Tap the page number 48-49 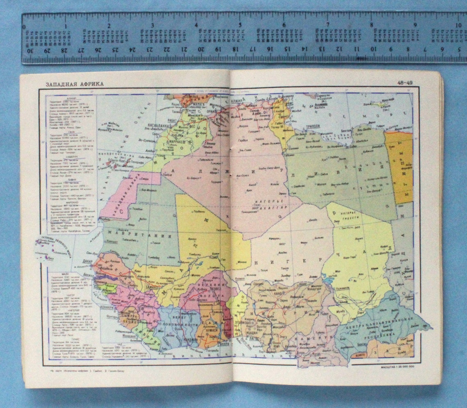[405, 83]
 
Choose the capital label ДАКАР [88, 261]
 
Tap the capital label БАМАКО [154, 285]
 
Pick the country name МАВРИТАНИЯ [139, 236]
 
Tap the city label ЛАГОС [241, 339]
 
